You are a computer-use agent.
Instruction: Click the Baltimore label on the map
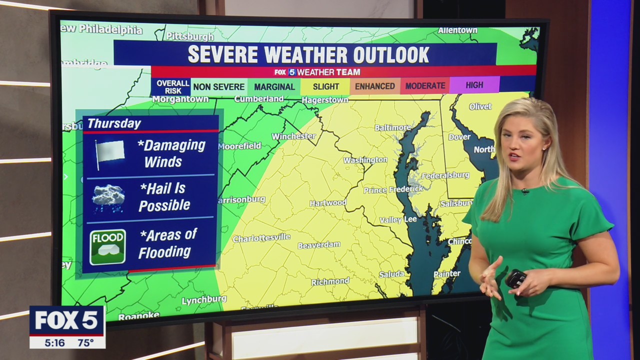tap(392, 127)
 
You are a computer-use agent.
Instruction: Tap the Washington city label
tap(365, 160)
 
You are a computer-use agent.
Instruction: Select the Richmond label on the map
tap(330, 282)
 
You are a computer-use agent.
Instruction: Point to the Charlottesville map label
tap(261, 238)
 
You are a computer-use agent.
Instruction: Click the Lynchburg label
tap(203, 300)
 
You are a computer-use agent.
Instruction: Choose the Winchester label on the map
tap(293, 136)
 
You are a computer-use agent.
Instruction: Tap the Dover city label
tap(459, 136)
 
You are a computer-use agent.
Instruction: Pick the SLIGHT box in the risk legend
tap(325, 86)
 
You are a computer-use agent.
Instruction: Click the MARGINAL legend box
tap(274, 86)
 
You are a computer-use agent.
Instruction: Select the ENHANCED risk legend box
tap(374, 86)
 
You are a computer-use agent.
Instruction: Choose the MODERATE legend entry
tap(425, 86)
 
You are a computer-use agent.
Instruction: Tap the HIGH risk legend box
tap(474, 85)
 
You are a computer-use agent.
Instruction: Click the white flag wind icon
tap(109, 152)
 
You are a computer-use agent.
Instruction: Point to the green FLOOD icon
tap(107, 246)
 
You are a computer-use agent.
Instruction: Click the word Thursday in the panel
tap(114, 123)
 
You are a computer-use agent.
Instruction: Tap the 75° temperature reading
tap(85, 342)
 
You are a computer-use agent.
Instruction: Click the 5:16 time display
tap(54, 342)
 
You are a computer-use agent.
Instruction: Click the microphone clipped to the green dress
tap(525, 191)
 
